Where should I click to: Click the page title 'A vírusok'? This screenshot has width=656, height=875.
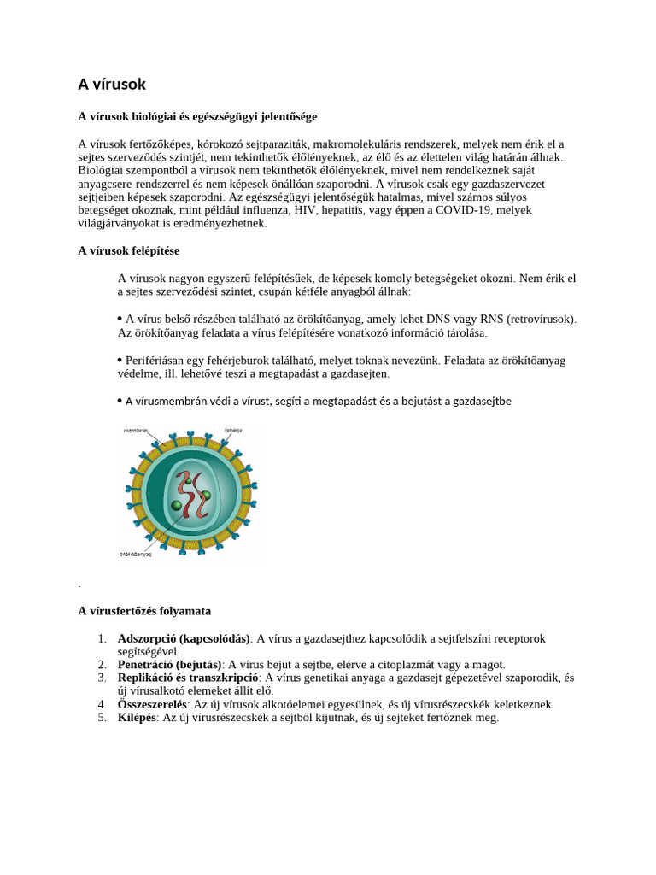coord(112,85)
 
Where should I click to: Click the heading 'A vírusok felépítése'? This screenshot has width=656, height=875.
coord(128,250)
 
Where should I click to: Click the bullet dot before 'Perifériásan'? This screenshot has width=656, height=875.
coord(120,360)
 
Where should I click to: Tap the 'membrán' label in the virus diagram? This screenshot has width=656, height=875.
coord(137,430)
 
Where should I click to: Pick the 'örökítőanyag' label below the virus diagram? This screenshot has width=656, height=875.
coord(136,554)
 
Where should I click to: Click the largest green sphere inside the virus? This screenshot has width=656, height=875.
coord(177,505)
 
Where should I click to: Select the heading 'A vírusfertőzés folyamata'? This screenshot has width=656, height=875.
coord(144,611)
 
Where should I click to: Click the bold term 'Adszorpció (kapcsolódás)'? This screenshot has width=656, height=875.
coord(183,638)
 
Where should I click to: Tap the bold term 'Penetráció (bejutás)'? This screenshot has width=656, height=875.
coord(170,664)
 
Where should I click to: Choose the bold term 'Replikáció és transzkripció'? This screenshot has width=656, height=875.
coord(188,678)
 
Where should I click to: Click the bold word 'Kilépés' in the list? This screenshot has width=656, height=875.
coord(137,718)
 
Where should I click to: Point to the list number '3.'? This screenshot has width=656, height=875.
coord(102,678)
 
